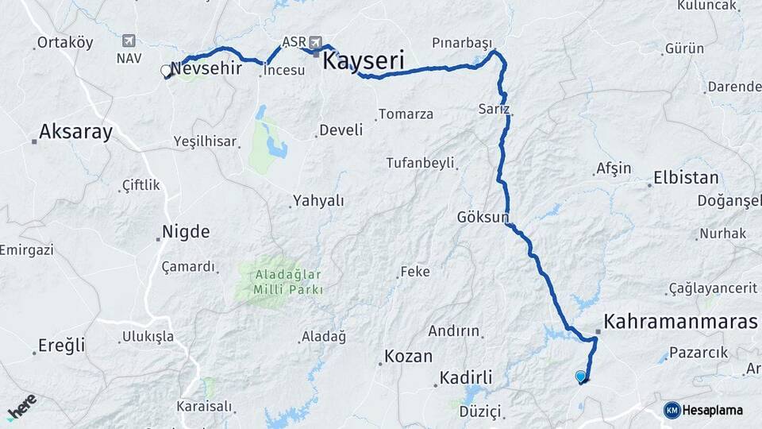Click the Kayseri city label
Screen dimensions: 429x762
click(x=363, y=60)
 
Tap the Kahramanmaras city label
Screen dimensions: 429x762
click(x=680, y=322)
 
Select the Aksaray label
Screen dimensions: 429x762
click(x=75, y=131)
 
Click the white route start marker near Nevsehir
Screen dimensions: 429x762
click(x=166, y=71)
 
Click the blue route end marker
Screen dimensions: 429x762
click(x=581, y=377)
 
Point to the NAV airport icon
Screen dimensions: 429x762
click(x=129, y=41)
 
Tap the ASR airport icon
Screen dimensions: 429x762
click(x=316, y=42)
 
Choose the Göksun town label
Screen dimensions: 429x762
click(x=482, y=217)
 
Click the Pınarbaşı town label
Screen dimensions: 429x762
click(x=462, y=43)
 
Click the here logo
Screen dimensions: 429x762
click(x=22, y=406)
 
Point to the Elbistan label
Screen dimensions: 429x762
click(x=686, y=177)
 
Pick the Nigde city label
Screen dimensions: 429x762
click(x=186, y=232)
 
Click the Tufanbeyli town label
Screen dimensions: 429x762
click(x=420, y=163)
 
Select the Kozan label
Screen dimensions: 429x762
click(x=408, y=356)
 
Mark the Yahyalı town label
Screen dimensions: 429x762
click(x=318, y=201)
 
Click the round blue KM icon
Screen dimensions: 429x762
click(x=672, y=410)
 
